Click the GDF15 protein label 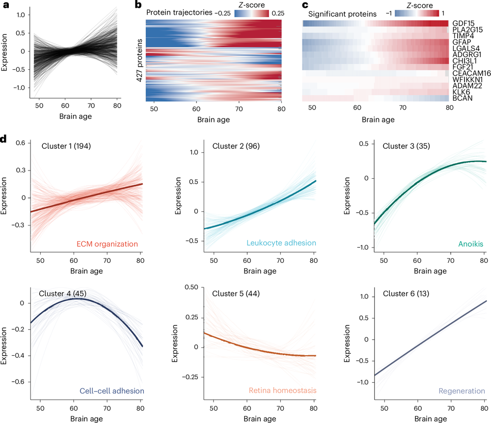pyautogui.click(x=463, y=23)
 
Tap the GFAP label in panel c pyautogui.click(x=462, y=42)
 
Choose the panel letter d pyautogui.click(x=4, y=139)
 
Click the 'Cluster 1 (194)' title pyautogui.click(x=66, y=146)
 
